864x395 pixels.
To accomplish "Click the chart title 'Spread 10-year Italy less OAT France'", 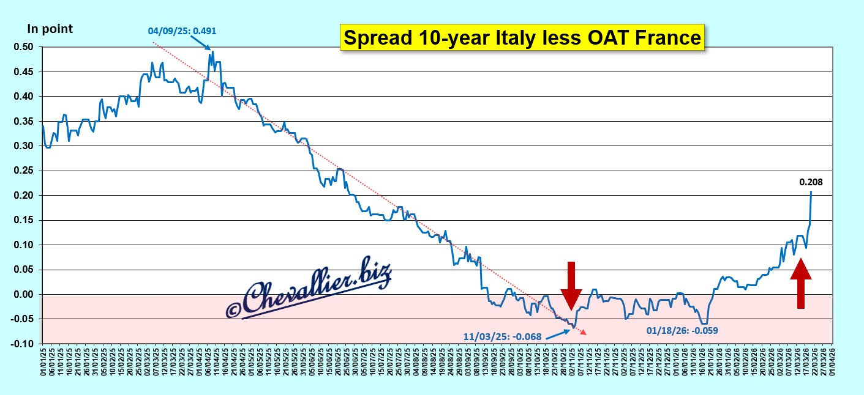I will coord(522,38).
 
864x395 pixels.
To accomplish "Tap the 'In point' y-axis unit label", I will coord(50,29).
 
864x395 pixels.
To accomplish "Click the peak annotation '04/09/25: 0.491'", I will coord(182,31).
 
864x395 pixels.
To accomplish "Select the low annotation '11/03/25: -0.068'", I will coord(501,336).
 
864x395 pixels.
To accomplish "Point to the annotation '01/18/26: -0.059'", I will coord(682,331).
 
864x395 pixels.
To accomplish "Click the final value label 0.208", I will coord(811,182).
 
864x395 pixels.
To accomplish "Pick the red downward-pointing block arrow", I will coord(571,285).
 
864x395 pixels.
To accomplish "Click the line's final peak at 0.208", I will coord(811,192).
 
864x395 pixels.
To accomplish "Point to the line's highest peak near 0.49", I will coord(212,52).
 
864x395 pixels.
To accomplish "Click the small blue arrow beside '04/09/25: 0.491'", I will coord(202,43).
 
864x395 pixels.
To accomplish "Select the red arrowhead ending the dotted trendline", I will coord(584,332).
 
